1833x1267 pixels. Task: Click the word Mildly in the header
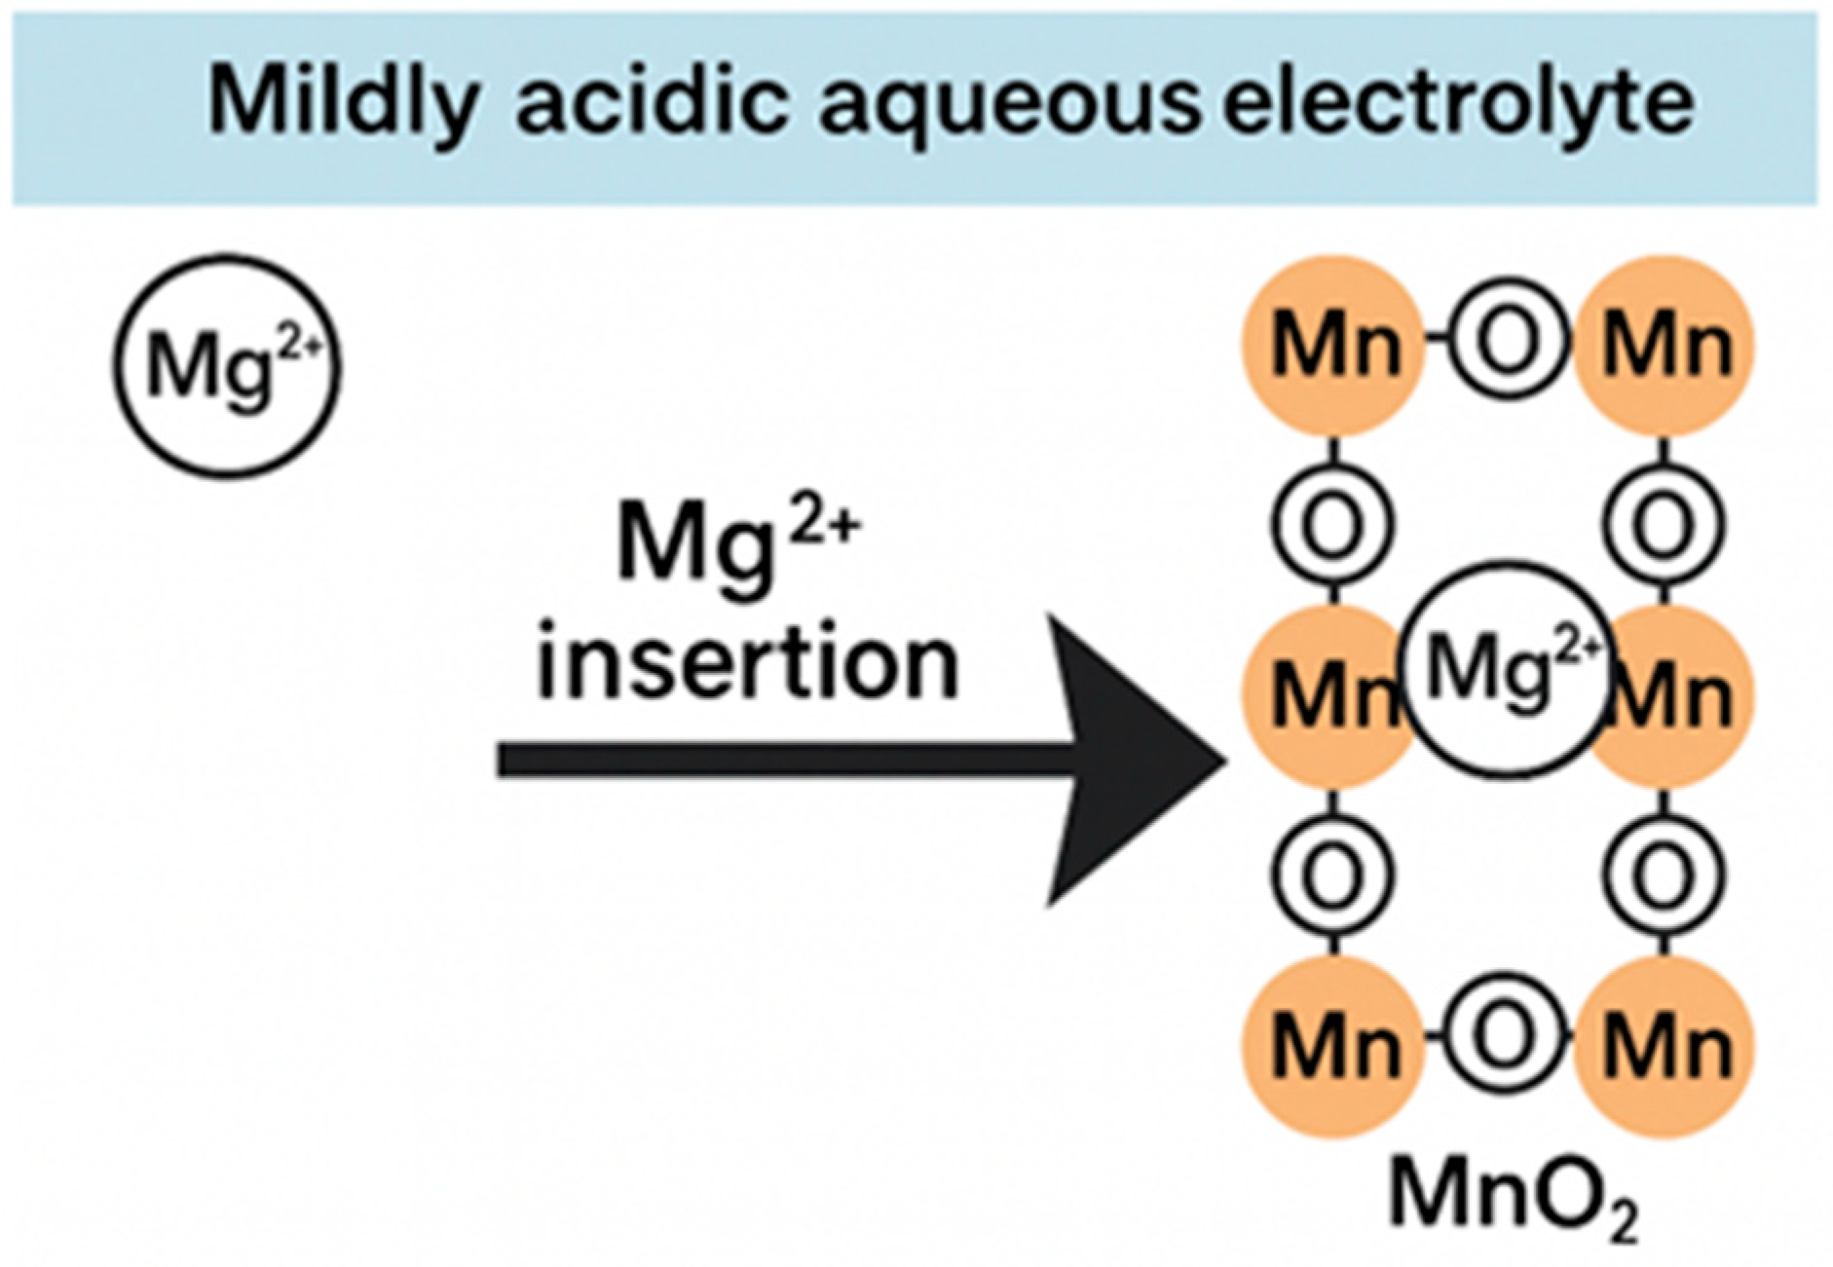(x=343, y=103)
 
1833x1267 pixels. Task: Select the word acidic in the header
(x=651, y=103)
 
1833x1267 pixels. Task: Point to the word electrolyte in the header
(x=1458, y=103)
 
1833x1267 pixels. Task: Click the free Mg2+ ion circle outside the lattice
(x=227, y=366)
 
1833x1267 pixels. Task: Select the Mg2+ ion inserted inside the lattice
(x=1505, y=668)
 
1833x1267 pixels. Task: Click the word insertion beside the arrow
(x=748, y=664)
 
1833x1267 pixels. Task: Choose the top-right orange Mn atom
(x=1665, y=347)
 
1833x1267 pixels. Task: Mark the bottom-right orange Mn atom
(x=1665, y=1046)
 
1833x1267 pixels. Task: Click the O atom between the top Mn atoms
(x=1508, y=341)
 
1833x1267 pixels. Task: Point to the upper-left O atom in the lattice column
(x=1332, y=524)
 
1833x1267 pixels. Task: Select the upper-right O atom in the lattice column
(x=1664, y=524)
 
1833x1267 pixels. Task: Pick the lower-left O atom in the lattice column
(x=1332, y=875)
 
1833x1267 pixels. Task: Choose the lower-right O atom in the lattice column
(x=1664, y=875)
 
